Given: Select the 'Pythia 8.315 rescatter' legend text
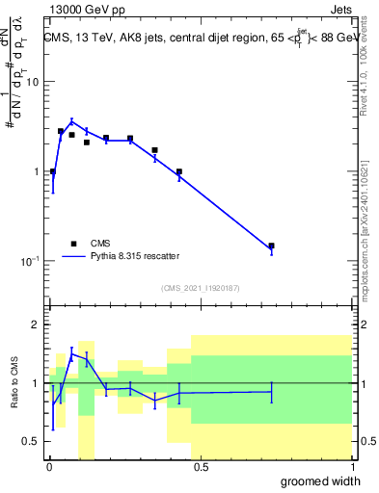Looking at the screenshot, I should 135,256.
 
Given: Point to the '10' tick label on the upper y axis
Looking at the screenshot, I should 32,82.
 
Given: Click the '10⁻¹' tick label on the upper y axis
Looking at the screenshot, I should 29,262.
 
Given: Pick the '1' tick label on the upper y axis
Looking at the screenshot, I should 36,172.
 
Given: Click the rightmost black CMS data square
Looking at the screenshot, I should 271,246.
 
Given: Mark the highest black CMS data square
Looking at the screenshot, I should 61,131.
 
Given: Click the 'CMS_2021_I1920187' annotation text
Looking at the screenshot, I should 200,288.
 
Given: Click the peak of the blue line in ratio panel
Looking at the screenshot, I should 71,354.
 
